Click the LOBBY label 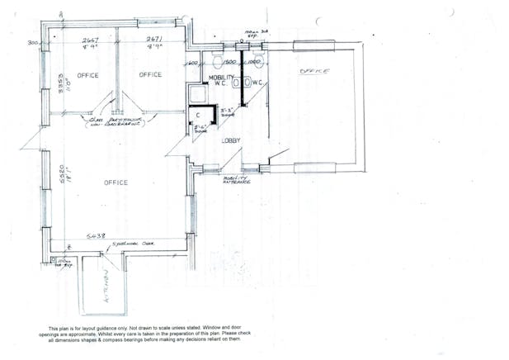(x=231, y=141)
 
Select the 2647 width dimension (x=90, y=40)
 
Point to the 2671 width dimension (x=153, y=40)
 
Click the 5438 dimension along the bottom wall (x=97, y=237)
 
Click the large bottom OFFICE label (x=115, y=182)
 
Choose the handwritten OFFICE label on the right (x=314, y=73)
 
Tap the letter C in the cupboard (x=198, y=114)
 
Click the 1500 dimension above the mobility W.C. (x=231, y=62)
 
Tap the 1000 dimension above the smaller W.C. (x=252, y=62)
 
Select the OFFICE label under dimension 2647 (x=88, y=75)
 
